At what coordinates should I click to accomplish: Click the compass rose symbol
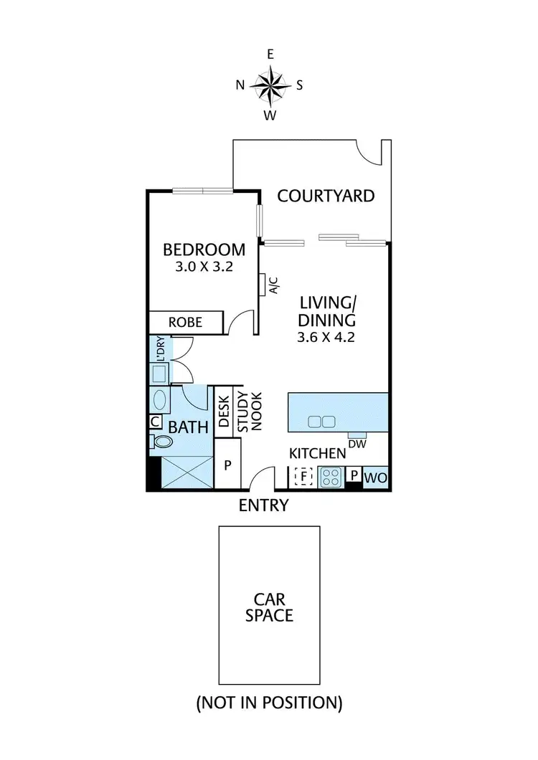pyautogui.click(x=270, y=85)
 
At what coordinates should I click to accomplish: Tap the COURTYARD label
pyautogui.click(x=326, y=196)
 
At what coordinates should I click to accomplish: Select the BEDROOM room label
pyautogui.click(x=204, y=250)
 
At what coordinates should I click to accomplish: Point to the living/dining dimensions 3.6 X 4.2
pyautogui.click(x=326, y=336)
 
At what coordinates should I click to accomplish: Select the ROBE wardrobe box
pyautogui.click(x=186, y=323)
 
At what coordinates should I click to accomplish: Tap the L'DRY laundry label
pyautogui.click(x=158, y=349)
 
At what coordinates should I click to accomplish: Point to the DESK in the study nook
pyautogui.click(x=223, y=412)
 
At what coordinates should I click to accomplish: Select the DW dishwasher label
pyautogui.click(x=357, y=445)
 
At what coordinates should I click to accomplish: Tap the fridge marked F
pyautogui.click(x=303, y=475)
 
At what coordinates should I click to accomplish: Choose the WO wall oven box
pyautogui.click(x=375, y=477)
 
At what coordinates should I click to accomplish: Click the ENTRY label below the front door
pyautogui.click(x=263, y=505)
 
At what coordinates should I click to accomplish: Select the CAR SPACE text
pyautogui.click(x=269, y=607)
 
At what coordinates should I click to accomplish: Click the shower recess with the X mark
pyautogui.click(x=189, y=471)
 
